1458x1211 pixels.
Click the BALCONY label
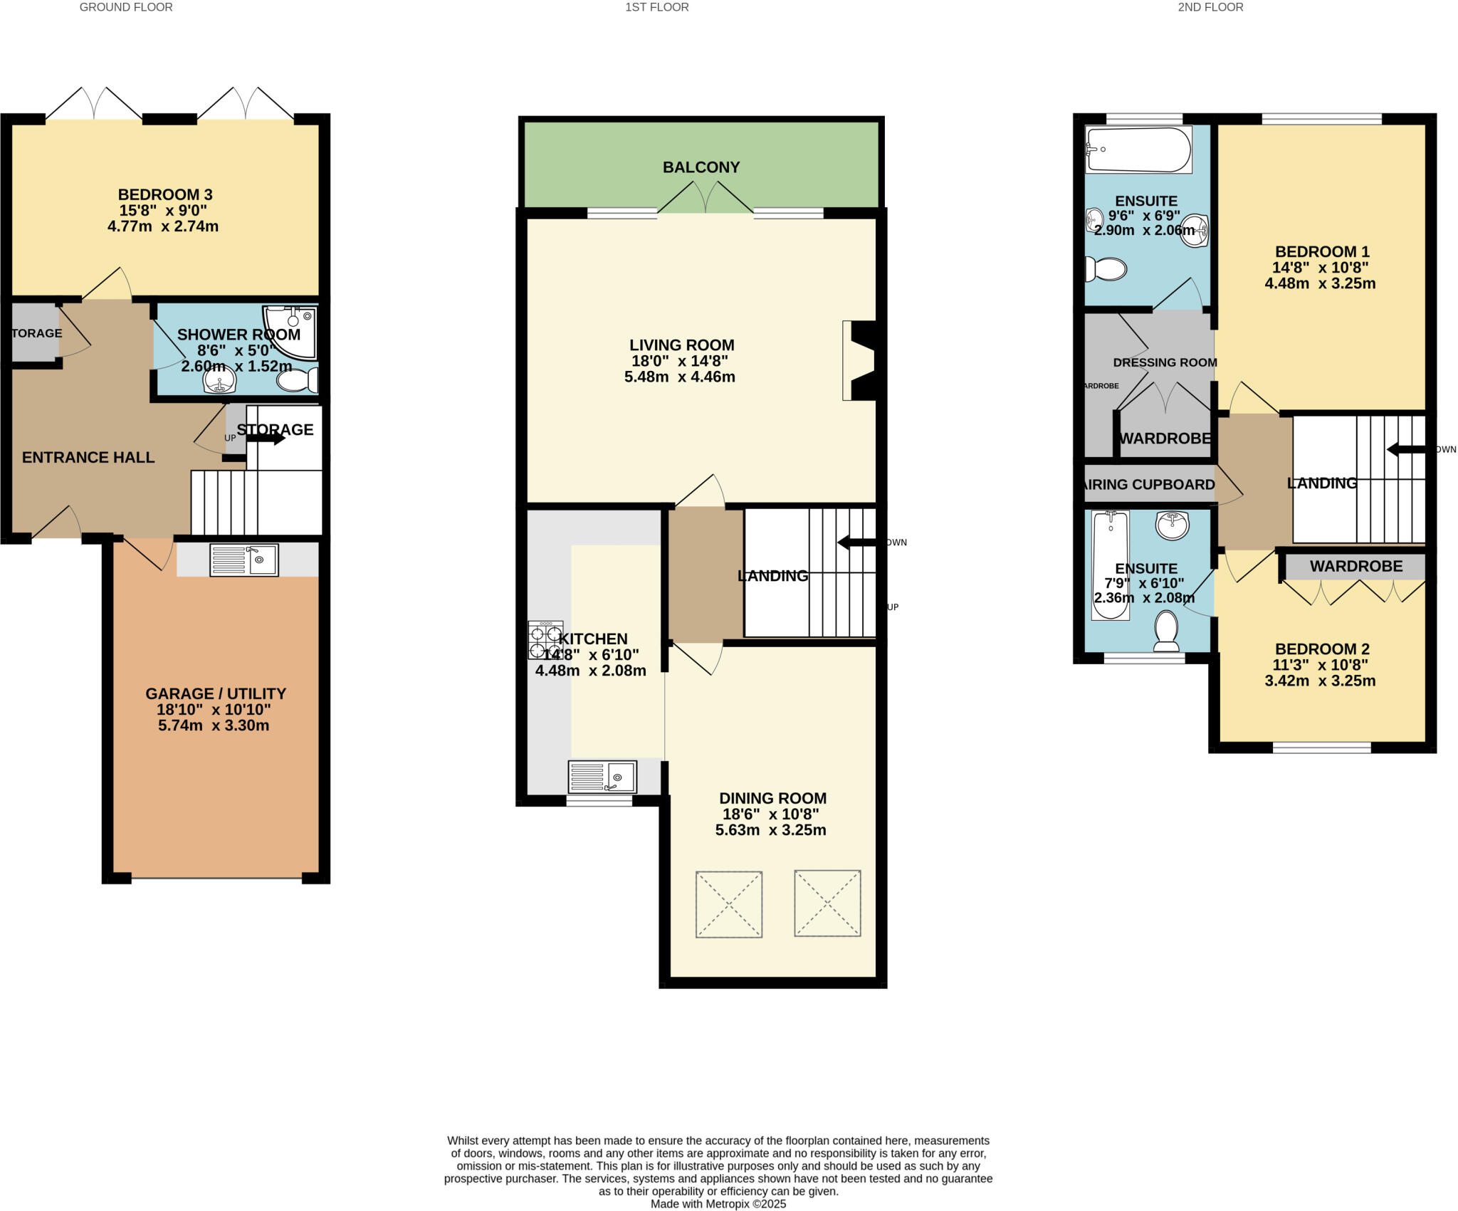701,167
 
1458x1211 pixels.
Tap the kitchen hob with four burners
545,640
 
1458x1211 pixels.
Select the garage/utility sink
244,560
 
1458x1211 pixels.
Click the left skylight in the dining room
728,903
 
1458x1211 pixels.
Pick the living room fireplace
859,360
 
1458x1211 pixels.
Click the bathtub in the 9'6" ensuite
1137,150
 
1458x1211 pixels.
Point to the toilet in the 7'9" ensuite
1165,630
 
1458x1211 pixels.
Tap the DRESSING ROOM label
1165,362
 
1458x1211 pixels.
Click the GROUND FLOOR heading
126,7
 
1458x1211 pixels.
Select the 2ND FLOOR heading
1210,7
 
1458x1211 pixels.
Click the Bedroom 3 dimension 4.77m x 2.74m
163,227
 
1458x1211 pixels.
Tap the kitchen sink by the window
602,776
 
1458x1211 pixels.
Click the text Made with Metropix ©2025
718,1204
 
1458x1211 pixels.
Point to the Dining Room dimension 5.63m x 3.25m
770,830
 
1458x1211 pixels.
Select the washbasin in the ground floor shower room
220,383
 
